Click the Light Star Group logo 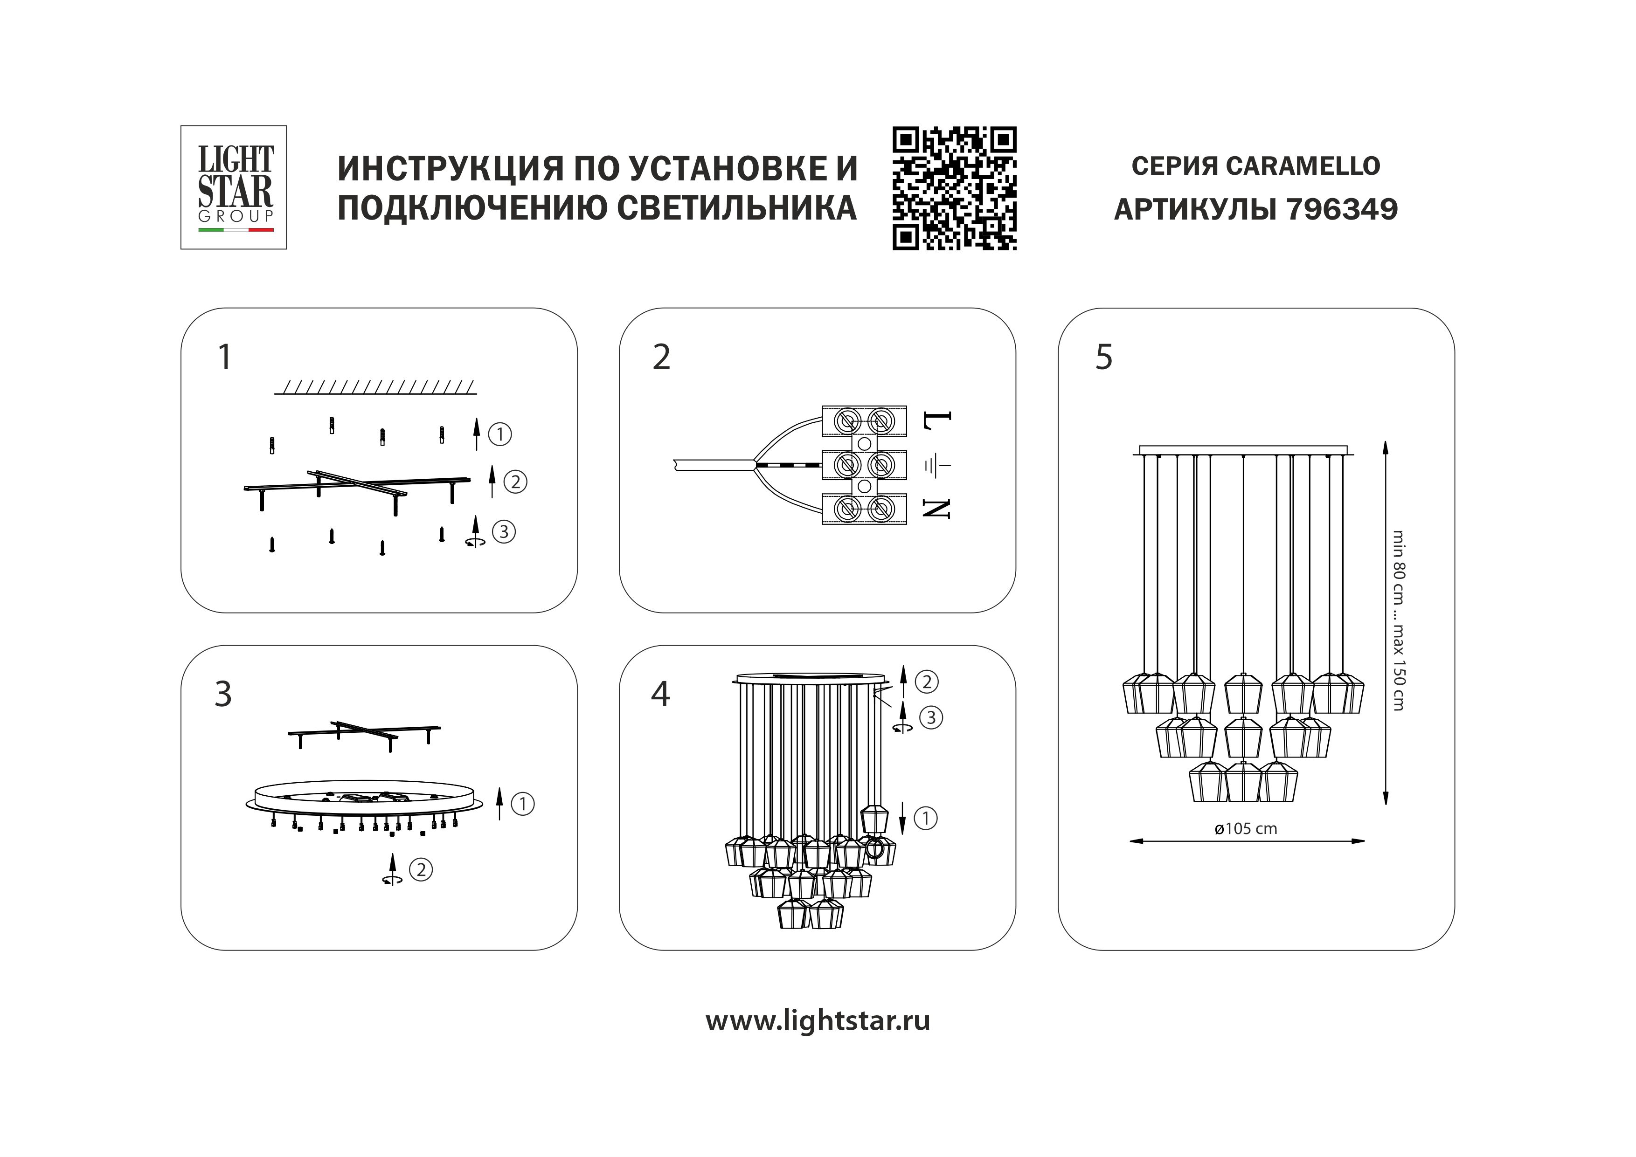233,187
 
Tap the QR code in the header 954,189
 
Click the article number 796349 1343,209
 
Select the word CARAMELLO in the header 1303,166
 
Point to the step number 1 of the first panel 224,357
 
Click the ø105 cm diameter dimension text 1246,828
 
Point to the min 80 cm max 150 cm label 1398,620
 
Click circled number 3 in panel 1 504,531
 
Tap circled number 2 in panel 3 421,869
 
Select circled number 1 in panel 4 926,818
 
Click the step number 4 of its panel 660,694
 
